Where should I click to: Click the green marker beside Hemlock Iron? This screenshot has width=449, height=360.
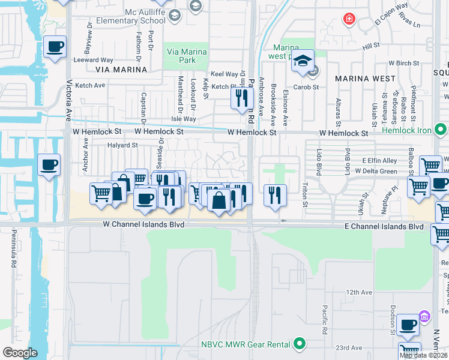[x=441, y=129]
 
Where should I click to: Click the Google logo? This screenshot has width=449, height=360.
[x=20, y=353]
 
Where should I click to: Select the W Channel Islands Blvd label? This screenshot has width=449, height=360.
[x=142, y=224]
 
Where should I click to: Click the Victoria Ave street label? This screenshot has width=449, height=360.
[x=69, y=99]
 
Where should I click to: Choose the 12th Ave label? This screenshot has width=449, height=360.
[x=359, y=292]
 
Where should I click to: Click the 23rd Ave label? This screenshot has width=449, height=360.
[x=349, y=347]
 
